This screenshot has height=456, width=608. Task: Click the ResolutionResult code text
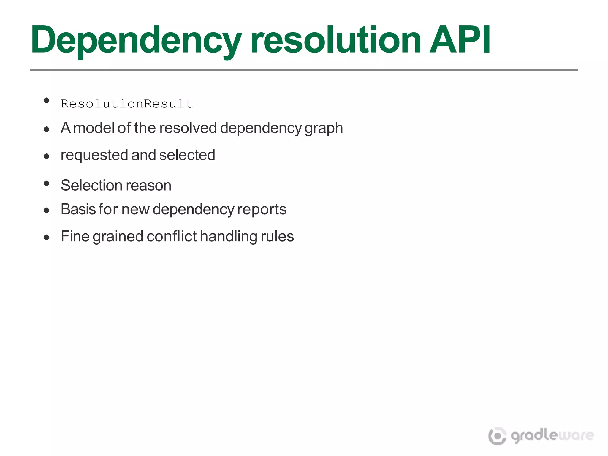point(127,104)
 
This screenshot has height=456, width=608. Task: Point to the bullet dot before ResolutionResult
point(46,101)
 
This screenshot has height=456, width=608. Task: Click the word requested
point(94,156)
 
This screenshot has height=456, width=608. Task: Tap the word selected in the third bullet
point(187,155)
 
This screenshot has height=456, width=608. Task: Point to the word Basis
point(78,209)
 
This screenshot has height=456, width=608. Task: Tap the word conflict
point(171,236)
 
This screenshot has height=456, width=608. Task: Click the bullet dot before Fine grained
point(46,237)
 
